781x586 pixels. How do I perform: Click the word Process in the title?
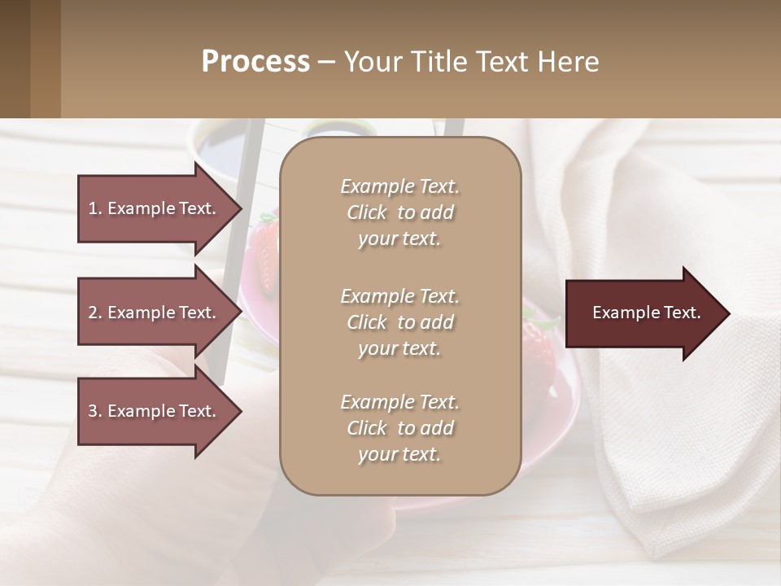pyautogui.click(x=255, y=61)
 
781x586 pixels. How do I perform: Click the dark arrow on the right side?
pyautogui.click(x=643, y=313)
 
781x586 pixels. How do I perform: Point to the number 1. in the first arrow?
pyautogui.click(x=95, y=208)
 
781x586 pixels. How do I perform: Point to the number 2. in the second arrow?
pyautogui.click(x=95, y=313)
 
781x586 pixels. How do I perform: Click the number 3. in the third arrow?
pyautogui.click(x=95, y=411)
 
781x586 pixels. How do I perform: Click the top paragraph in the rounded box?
pyautogui.click(x=399, y=212)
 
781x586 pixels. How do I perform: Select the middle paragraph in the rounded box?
pyautogui.click(x=399, y=322)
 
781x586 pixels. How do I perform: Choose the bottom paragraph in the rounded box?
pyautogui.click(x=399, y=428)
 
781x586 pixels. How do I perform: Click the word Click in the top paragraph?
pyautogui.click(x=367, y=212)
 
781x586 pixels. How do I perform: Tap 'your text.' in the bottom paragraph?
pyautogui.click(x=399, y=454)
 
